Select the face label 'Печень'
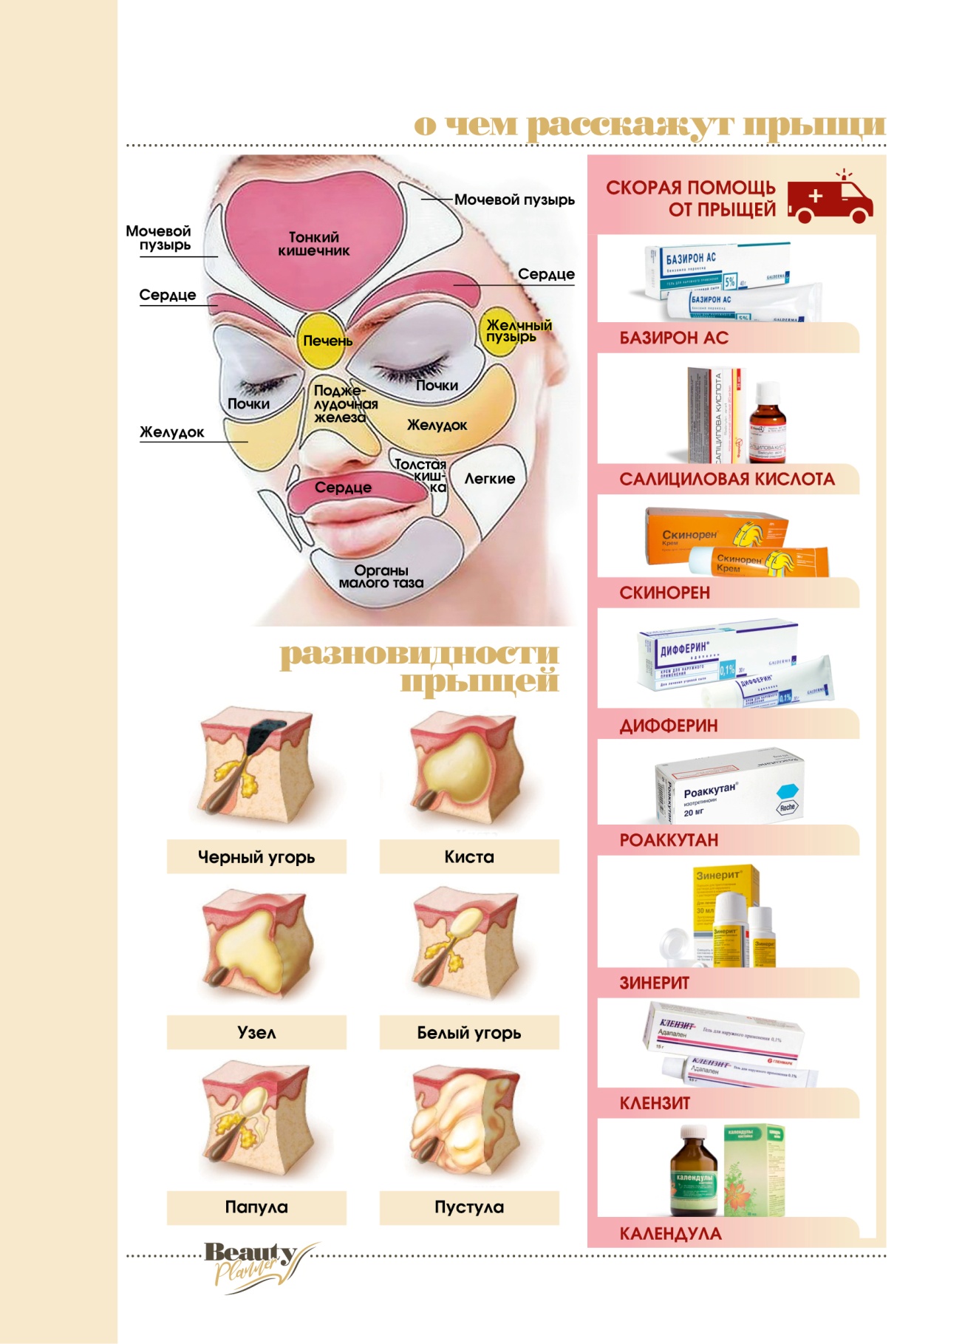pos(327,341)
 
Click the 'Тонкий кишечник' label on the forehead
pos(314,244)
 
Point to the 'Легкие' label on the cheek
pos(489,479)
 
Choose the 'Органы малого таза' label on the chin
pos(381,576)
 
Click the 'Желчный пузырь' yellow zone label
pos(518,330)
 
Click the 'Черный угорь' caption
pos(256,857)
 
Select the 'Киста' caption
pos(469,857)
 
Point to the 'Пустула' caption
pos(469,1207)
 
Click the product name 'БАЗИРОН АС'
pos(674,338)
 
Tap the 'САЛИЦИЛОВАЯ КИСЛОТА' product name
pos(727,480)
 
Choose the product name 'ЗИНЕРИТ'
pos(654,983)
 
